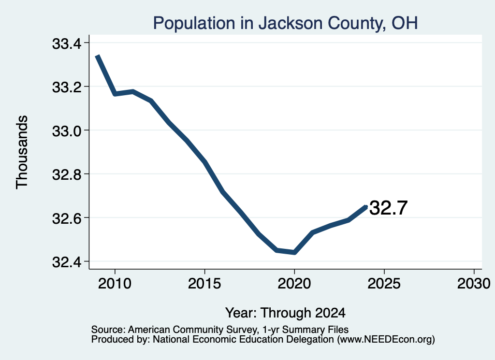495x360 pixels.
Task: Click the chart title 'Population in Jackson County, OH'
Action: click(285, 23)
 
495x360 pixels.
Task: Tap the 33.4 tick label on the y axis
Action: click(67, 43)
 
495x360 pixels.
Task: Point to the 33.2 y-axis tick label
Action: click(67, 87)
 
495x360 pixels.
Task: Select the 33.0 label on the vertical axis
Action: click(67, 131)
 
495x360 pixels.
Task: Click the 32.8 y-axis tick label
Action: click(67, 174)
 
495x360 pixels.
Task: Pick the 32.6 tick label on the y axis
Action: click(67, 218)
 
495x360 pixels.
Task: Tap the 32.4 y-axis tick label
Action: click(67, 262)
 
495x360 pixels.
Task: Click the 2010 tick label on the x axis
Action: click(115, 283)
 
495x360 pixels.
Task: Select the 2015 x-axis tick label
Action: click(204, 283)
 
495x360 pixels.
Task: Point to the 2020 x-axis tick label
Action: click(294, 283)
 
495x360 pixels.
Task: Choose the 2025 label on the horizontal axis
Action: click(384, 283)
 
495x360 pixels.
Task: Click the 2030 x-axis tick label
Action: click(474, 283)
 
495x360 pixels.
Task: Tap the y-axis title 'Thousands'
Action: click(22, 152)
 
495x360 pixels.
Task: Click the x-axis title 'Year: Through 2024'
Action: click(285, 313)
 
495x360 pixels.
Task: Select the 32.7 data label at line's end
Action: click(388, 208)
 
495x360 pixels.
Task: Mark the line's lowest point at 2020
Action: click(294, 252)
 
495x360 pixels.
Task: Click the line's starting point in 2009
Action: click(98, 56)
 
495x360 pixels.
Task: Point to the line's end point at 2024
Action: click(366, 207)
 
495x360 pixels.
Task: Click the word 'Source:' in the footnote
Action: click(108, 330)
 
